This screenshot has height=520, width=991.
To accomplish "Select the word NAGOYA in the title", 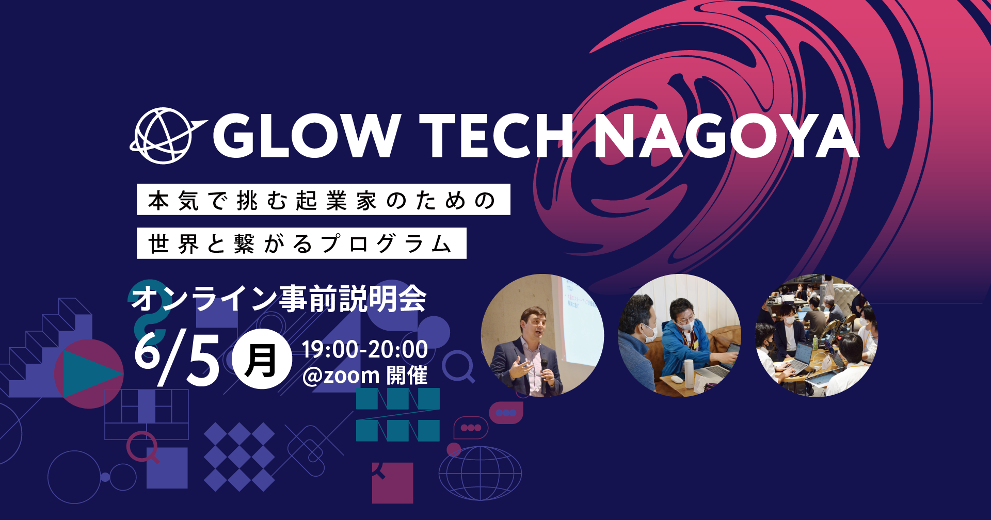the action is click(727, 135).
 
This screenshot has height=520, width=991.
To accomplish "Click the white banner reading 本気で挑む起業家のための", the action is click(324, 199).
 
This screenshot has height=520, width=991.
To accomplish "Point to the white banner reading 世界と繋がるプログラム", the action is click(301, 243).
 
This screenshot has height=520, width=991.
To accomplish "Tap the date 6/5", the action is click(177, 358).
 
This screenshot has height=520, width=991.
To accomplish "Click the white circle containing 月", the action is click(262, 359).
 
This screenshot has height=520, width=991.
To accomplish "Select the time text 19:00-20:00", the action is click(365, 349).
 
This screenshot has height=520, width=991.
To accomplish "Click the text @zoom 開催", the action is click(365, 375).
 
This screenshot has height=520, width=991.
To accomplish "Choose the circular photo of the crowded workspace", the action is click(817, 335).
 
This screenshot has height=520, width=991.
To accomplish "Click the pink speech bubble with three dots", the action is click(506, 413).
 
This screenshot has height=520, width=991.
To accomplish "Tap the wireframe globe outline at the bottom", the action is click(480, 474).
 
